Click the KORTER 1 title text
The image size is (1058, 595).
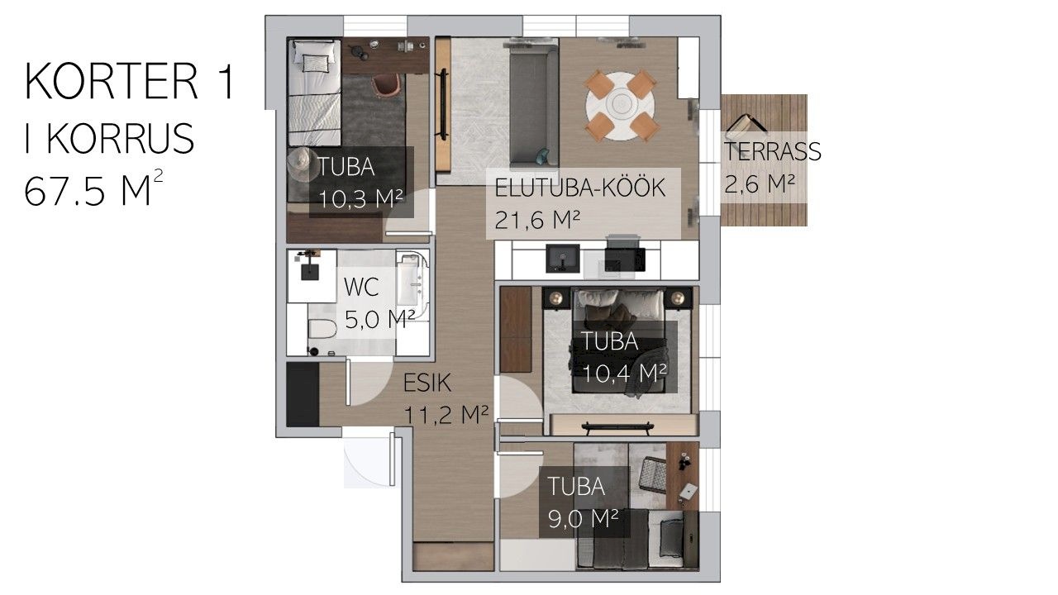pyautogui.click(x=130, y=81)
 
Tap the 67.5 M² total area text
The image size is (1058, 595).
pyautogui.click(x=94, y=188)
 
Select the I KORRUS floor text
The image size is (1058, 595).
pyautogui.click(x=109, y=137)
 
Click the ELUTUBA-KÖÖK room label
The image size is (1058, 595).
pyautogui.click(x=579, y=188)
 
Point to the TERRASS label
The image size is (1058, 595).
pyautogui.click(x=772, y=151)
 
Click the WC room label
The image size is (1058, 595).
pyautogui.click(x=361, y=287)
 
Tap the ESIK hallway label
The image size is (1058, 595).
pyautogui.click(x=427, y=383)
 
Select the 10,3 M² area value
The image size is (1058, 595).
pyautogui.click(x=361, y=199)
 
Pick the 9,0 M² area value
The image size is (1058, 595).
pyautogui.click(x=583, y=519)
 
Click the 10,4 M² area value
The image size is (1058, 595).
pyautogui.click(x=624, y=374)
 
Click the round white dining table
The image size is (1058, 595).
pyautogui.click(x=620, y=106)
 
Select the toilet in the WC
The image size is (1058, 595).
pyautogui.click(x=322, y=328)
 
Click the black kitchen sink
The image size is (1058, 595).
pyautogui.click(x=563, y=258)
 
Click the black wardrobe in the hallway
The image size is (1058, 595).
pyautogui.click(x=303, y=394)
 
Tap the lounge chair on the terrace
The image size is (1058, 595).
pyautogui.click(x=746, y=124)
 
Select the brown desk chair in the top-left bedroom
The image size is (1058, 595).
pyautogui.click(x=386, y=87)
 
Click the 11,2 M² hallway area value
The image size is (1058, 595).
pyautogui.click(x=446, y=415)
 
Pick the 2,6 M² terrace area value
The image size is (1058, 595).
pyautogui.click(x=759, y=183)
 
